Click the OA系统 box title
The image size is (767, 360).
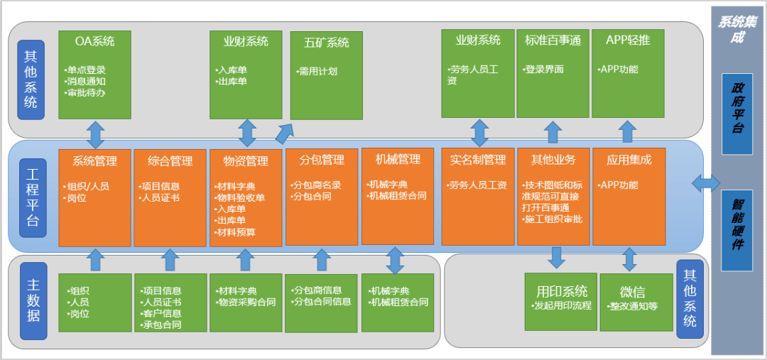coord(94,41)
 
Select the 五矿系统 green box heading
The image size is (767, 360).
coord(327,43)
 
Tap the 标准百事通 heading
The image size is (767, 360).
coord(553,40)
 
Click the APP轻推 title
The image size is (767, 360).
coord(627,40)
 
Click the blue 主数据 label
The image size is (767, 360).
coord(32,300)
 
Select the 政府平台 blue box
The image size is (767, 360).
coord(737,113)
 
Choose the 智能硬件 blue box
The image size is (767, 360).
coord(737,230)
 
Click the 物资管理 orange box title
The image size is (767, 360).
coord(246,161)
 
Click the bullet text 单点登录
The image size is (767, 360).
coord(86,70)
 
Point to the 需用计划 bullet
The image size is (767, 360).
coord(318,71)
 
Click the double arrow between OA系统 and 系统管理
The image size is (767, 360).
coord(94,134)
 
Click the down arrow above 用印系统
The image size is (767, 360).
coord(556,257)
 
